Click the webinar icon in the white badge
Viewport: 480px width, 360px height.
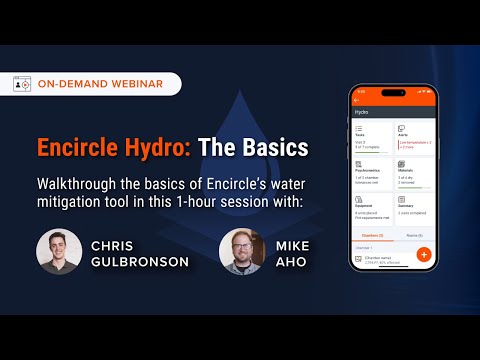coord(22,84)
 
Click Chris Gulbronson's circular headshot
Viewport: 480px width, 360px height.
coord(59,251)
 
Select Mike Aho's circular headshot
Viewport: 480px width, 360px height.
coord(241,251)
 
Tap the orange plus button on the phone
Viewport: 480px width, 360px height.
coord(423,254)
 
